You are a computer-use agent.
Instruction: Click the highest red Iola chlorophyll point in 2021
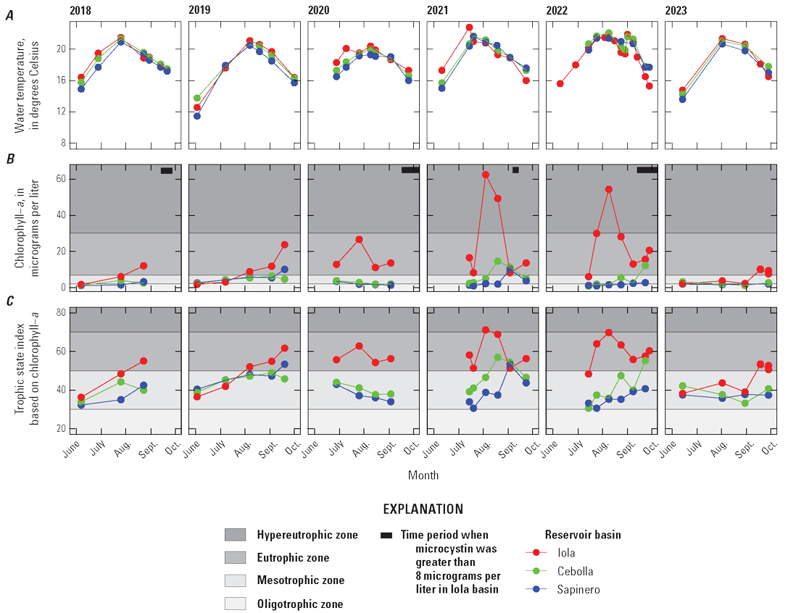tap(485, 175)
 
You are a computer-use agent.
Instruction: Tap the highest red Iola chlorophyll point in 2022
tap(609, 189)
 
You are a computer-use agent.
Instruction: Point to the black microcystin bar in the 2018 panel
tap(166, 171)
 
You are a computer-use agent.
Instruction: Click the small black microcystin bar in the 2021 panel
tap(515, 170)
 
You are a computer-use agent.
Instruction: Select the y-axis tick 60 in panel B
tap(62, 179)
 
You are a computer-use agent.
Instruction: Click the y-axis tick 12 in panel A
tap(62, 112)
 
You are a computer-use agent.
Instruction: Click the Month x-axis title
tap(423, 475)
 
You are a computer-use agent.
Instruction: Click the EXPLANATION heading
tap(423, 509)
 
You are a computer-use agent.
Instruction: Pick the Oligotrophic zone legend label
tap(300, 604)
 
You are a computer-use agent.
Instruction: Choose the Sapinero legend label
tap(579, 590)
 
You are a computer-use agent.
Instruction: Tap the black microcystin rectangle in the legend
tap(386, 535)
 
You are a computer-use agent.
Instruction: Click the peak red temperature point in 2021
tap(469, 28)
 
